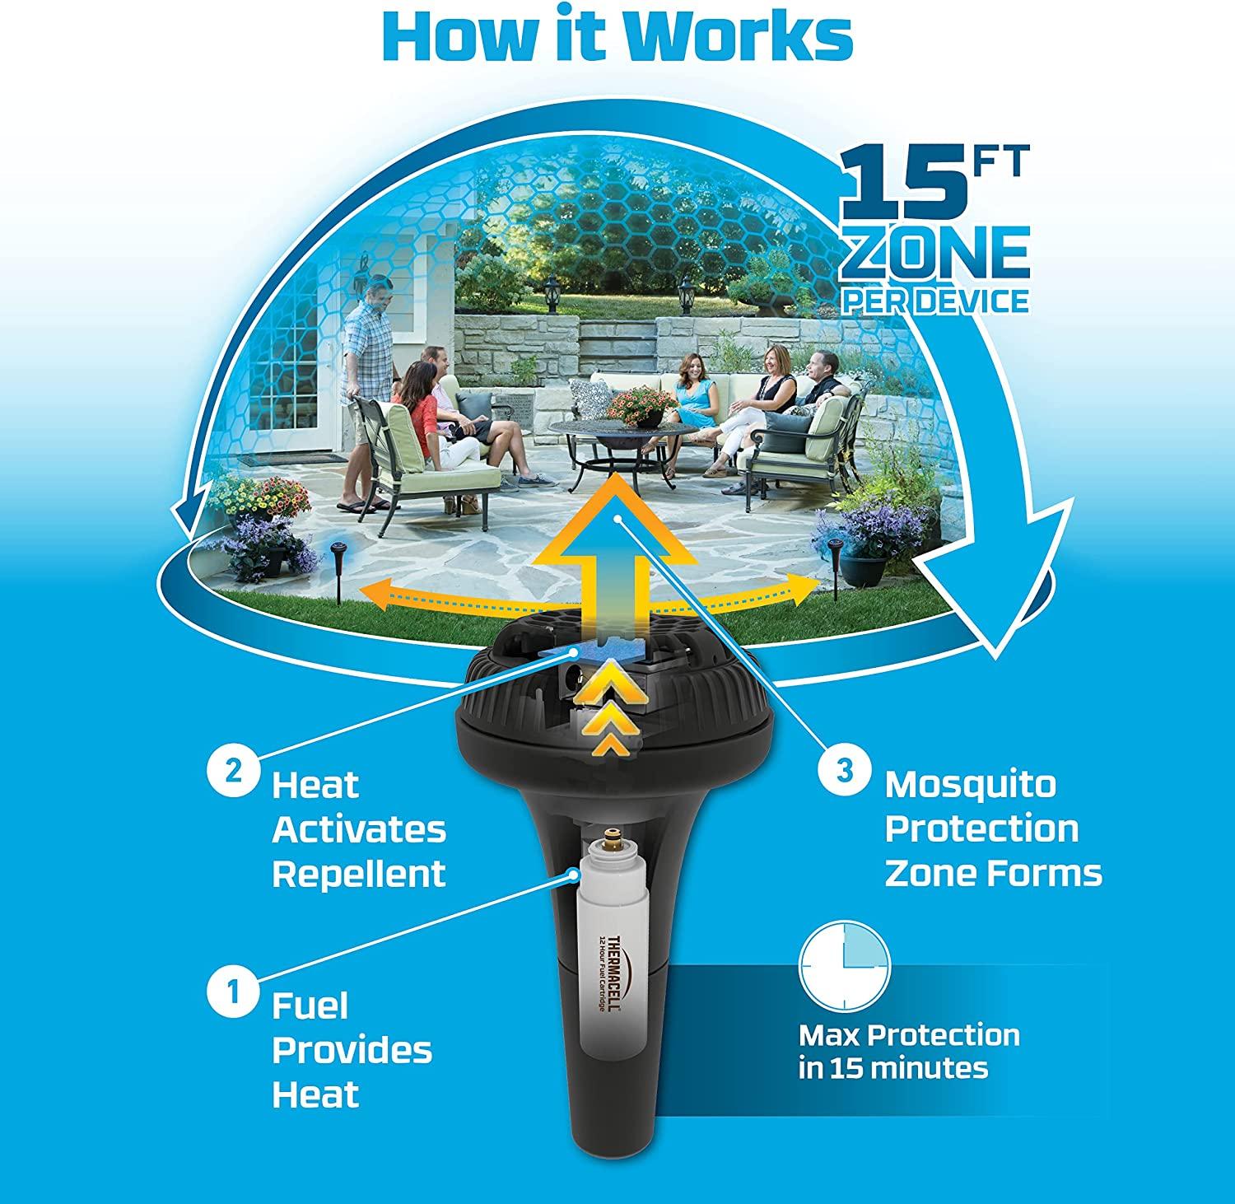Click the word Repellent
click(359, 873)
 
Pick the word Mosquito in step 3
click(970, 785)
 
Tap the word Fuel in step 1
click(311, 1006)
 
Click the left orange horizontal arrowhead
click(373, 589)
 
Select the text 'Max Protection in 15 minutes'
click(909, 1051)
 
